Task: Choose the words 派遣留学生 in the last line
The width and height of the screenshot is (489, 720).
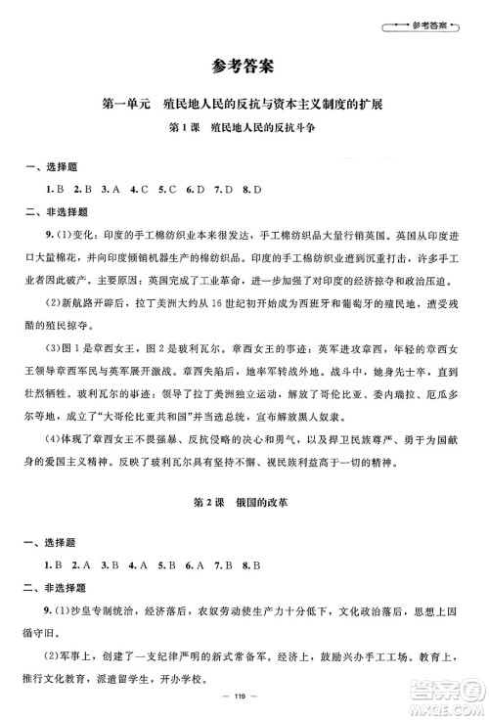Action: (x=159, y=673)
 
